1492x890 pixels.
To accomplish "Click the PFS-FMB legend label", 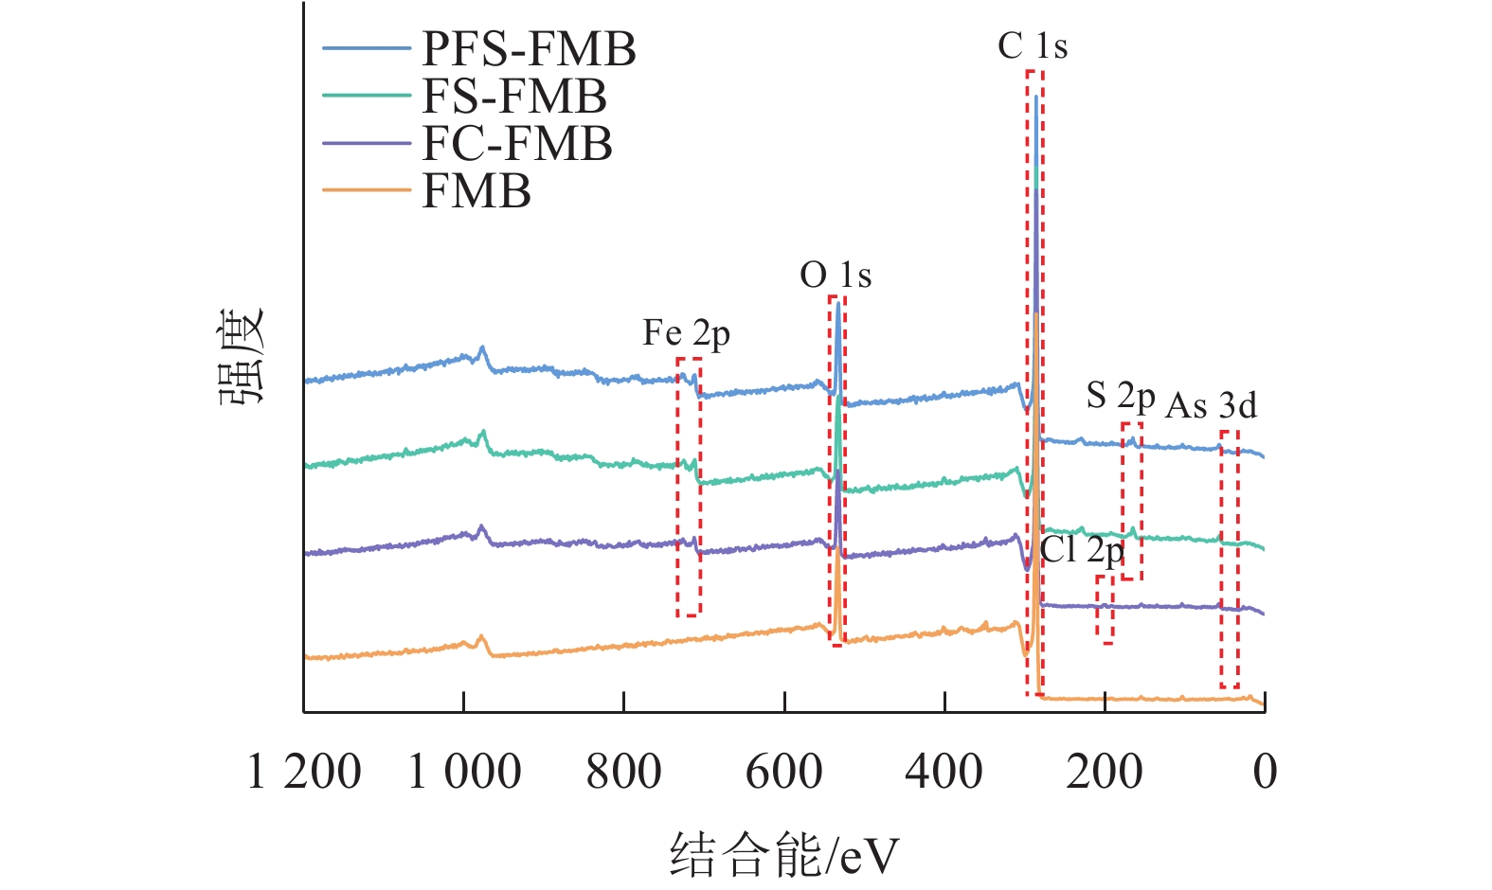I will [528, 49].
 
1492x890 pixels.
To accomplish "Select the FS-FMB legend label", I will [513, 97].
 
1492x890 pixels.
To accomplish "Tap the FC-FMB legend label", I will [516, 144].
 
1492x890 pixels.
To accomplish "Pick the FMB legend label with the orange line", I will [476, 191].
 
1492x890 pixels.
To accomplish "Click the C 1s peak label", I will [1032, 46].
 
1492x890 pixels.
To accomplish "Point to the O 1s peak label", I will [835, 276].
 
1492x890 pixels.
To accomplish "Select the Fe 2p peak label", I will [686, 333].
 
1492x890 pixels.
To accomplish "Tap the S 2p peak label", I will [1120, 396].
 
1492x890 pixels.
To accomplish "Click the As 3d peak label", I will [1211, 406].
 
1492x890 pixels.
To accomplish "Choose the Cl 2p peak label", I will [1081, 550].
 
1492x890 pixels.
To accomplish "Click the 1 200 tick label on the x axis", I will [303, 772].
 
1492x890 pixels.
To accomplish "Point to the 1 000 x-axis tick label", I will [463, 772].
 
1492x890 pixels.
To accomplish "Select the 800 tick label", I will [623, 772].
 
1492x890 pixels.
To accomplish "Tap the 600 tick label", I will [783, 772].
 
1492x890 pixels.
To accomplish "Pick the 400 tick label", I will [944, 772].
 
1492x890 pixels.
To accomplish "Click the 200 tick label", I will [1104, 772].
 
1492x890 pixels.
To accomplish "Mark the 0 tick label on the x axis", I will [1265, 772].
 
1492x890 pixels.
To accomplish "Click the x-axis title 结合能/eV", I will [783, 855].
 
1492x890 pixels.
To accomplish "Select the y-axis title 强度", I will [243, 357].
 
